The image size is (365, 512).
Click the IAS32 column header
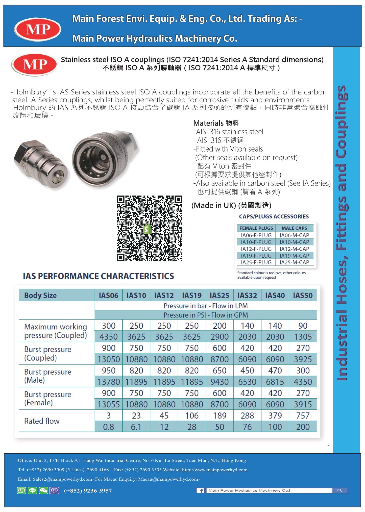(x=247, y=295)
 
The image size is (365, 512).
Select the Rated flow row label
(x=42, y=421)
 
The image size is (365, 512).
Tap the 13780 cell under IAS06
(x=109, y=382)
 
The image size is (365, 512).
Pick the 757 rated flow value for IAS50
(x=303, y=416)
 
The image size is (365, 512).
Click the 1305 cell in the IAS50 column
(x=303, y=337)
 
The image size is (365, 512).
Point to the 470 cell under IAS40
(x=275, y=371)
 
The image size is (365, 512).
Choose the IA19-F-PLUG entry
(x=256, y=256)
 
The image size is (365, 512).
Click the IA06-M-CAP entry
(x=294, y=235)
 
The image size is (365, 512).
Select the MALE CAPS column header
(x=294, y=228)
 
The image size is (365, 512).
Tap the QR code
(x=149, y=228)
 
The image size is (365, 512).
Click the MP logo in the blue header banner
(x=37, y=30)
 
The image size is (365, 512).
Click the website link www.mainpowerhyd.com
(x=214, y=470)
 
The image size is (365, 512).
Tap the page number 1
(x=328, y=448)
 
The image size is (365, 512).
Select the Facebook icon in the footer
(x=200, y=491)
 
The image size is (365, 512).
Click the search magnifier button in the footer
(x=340, y=490)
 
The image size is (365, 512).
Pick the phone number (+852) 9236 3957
(x=88, y=491)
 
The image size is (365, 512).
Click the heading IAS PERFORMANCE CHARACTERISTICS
(x=98, y=276)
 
